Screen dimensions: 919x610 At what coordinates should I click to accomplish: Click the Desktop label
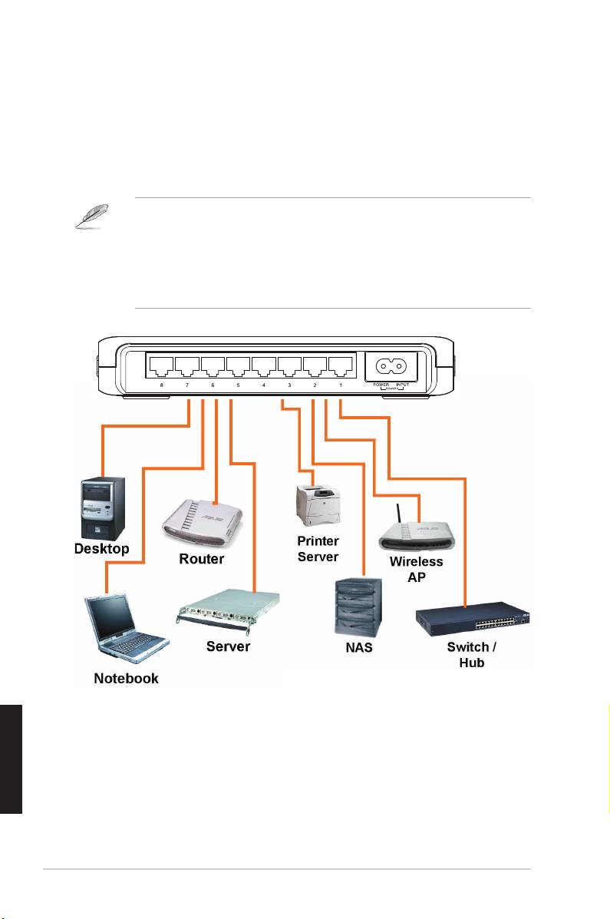tap(101, 549)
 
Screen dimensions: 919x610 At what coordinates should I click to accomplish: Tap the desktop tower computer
tap(102, 507)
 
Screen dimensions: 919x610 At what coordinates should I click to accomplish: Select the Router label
tap(202, 559)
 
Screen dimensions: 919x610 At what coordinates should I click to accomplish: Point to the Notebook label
tap(126, 678)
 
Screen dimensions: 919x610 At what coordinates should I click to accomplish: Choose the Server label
tap(228, 646)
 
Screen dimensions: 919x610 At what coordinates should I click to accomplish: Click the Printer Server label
tap(318, 548)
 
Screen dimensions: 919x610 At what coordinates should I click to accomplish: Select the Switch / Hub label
tap(471, 654)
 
